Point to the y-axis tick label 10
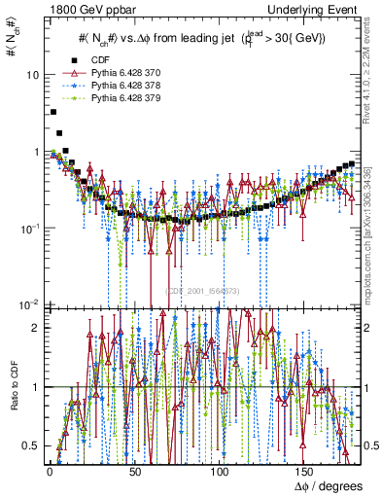coord(33,75)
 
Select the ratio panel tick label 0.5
coord(31,445)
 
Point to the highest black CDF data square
coord(52,112)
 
